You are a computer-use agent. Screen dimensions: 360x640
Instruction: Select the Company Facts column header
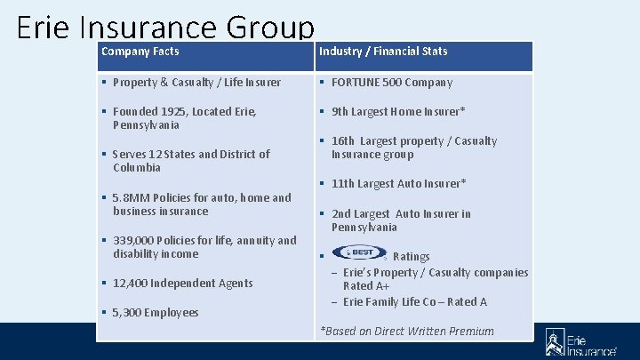click(140, 52)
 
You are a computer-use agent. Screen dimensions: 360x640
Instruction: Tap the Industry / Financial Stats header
click(383, 52)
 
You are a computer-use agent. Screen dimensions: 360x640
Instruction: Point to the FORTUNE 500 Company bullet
click(392, 83)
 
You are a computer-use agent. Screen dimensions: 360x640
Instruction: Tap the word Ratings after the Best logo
click(411, 257)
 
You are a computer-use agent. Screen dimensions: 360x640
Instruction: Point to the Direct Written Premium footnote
click(407, 332)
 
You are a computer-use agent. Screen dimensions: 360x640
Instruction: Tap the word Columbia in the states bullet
click(137, 168)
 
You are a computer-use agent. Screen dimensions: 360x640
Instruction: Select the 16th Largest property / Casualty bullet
click(414, 148)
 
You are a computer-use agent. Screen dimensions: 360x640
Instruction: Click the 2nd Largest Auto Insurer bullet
click(401, 220)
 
